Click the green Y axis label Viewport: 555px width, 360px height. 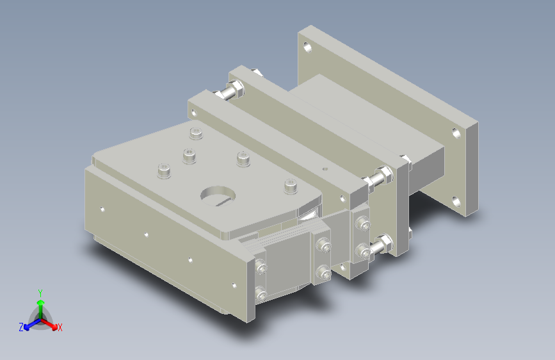pos(40,292)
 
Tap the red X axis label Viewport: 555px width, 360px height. pos(60,327)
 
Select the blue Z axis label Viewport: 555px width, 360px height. pos(21,327)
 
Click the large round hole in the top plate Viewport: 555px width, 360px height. pos(218,194)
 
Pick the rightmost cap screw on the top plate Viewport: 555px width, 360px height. pos(291,186)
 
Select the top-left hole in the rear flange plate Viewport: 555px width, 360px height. pos(309,47)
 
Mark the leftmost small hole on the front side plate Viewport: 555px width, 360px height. pos(102,209)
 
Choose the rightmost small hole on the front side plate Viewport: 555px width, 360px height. pos(234,285)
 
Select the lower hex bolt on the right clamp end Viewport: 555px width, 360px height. pos(385,243)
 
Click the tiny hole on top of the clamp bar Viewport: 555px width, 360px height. pos(325,168)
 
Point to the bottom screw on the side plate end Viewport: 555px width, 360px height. pos(261,294)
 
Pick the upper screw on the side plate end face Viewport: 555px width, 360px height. pos(261,268)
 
